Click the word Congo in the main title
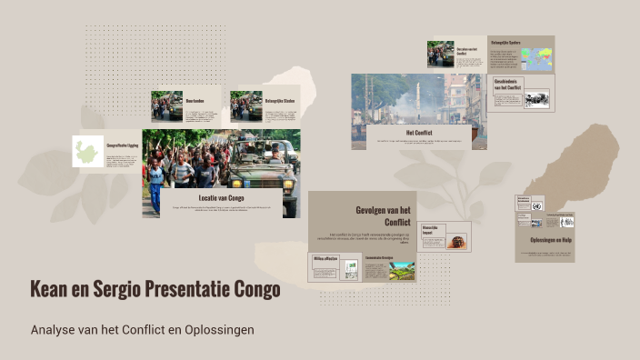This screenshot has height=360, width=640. pyautogui.click(x=258, y=289)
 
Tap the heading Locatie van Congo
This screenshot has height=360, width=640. pyautogui.click(x=221, y=197)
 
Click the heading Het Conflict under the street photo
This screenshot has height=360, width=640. pyautogui.click(x=419, y=132)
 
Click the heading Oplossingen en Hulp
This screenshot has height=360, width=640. pyautogui.click(x=544, y=240)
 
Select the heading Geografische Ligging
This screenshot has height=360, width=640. pyautogui.click(x=123, y=144)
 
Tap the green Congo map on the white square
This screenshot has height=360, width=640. pyautogui.click(x=87, y=152)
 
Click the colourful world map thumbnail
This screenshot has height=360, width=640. pyautogui.click(x=535, y=60)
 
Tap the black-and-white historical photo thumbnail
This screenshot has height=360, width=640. pyautogui.click(x=536, y=99)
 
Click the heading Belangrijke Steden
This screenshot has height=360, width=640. pyautogui.click(x=280, y=100)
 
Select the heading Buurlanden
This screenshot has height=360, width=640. pyautogui.click(x=195, y=100)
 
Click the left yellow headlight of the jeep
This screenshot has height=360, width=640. pyautogui.click(x=237, y=184)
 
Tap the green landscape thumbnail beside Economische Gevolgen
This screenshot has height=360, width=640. pyautogui.click(x=401, y=270)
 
